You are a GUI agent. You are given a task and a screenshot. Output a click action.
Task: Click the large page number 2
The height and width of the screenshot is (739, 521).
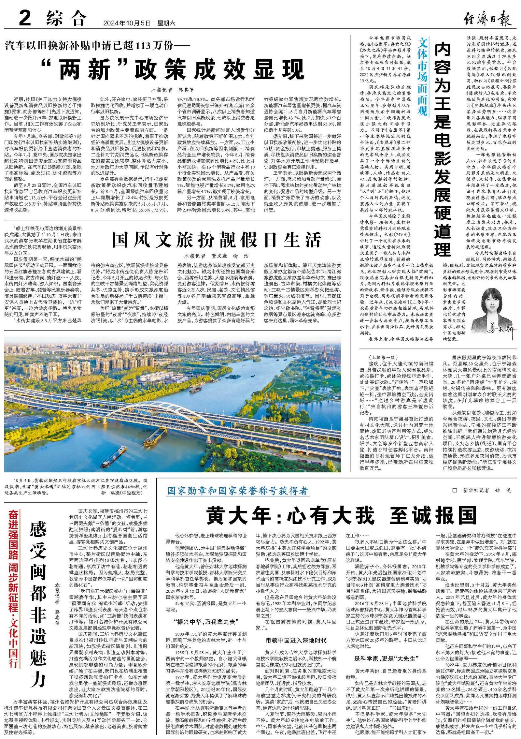(x=25, y=18)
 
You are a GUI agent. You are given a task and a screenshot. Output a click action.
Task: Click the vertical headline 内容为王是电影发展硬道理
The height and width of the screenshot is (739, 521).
(x=443, y=150)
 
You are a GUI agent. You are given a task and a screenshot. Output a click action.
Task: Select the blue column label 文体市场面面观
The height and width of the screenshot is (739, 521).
(x=422, y=77)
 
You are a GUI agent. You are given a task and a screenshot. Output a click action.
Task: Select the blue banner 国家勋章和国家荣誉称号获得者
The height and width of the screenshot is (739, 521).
(x=237, y=491)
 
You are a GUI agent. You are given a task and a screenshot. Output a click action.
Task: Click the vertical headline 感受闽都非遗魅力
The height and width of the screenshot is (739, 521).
(x=38, y=606)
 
